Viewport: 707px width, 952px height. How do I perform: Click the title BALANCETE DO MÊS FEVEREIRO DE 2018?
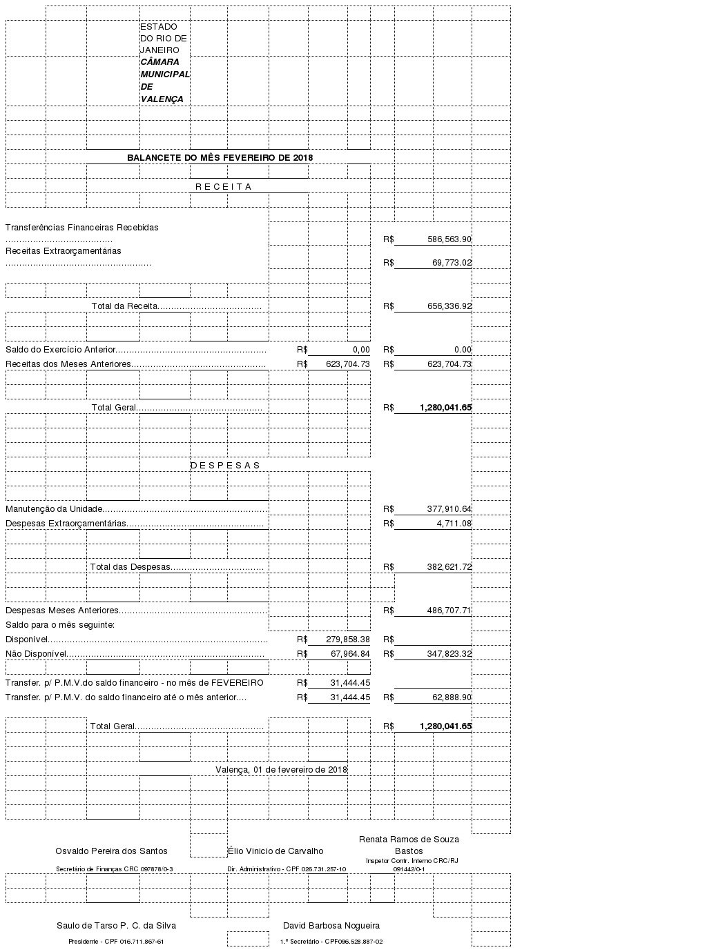click(x=220, y=157)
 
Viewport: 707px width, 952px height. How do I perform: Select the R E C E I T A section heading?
click(x=223, y=186)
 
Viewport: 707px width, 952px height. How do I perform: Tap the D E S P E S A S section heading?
click(x=225, y=465)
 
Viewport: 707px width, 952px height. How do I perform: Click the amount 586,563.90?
click(x=449, y=239)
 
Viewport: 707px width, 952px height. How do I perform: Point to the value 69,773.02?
click(x=452, y=262)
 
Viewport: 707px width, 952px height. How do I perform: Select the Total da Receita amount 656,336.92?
click(x=449, y=306)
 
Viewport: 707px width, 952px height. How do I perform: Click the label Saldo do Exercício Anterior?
click(x=61, y=349)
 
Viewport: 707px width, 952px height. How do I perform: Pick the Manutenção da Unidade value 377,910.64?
click(x=449, y=508)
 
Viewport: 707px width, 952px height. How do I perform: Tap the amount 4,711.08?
click(x=454, y=523)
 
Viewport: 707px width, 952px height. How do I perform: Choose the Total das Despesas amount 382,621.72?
click(x=449, y=566)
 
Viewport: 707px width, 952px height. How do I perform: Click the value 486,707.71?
click(x=449, y=610)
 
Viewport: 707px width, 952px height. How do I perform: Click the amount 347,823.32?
click(x=449, y=653)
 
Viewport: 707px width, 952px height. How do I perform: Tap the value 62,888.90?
click(x=452, y=697)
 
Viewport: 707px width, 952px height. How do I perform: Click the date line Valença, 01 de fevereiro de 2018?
click(x=281, y=769)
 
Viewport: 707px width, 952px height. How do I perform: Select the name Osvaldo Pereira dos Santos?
click(x=111, y=851)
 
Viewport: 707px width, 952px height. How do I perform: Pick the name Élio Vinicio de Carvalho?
click(x=275, y=851)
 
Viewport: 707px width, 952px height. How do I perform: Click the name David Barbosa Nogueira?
click(x=331, y=925)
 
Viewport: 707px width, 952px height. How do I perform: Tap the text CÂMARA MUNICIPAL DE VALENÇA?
click(x=164, y=80)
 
